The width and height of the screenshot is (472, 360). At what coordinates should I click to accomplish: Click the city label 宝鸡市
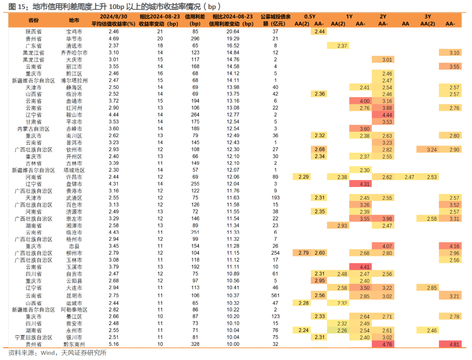(x=74, y=31)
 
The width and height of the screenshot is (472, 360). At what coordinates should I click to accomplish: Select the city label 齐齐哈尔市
(x=74, y=53)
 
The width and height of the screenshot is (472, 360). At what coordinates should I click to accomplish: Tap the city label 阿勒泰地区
(x=74, y=310)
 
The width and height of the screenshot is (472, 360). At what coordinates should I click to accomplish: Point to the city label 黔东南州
(x=74, y=344)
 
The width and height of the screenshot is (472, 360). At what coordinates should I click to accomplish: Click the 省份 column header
(x=33, y=20)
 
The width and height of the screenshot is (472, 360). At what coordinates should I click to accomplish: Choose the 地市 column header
(x=74, y=20)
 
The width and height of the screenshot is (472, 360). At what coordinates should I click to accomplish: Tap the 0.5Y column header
(x=310, y=17)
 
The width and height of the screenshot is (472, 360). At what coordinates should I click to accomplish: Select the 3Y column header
(x=428, y=17)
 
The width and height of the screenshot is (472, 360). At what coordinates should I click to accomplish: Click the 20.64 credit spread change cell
(x=233, y=31)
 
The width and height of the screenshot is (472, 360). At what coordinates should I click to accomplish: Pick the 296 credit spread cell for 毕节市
(x=195, y=38)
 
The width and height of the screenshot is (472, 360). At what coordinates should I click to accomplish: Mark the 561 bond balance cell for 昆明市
(x=275, y=296)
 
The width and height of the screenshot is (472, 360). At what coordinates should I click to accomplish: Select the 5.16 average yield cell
(x=114, y=344)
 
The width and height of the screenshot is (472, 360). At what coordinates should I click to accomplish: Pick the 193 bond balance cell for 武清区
(x=275, y=198)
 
